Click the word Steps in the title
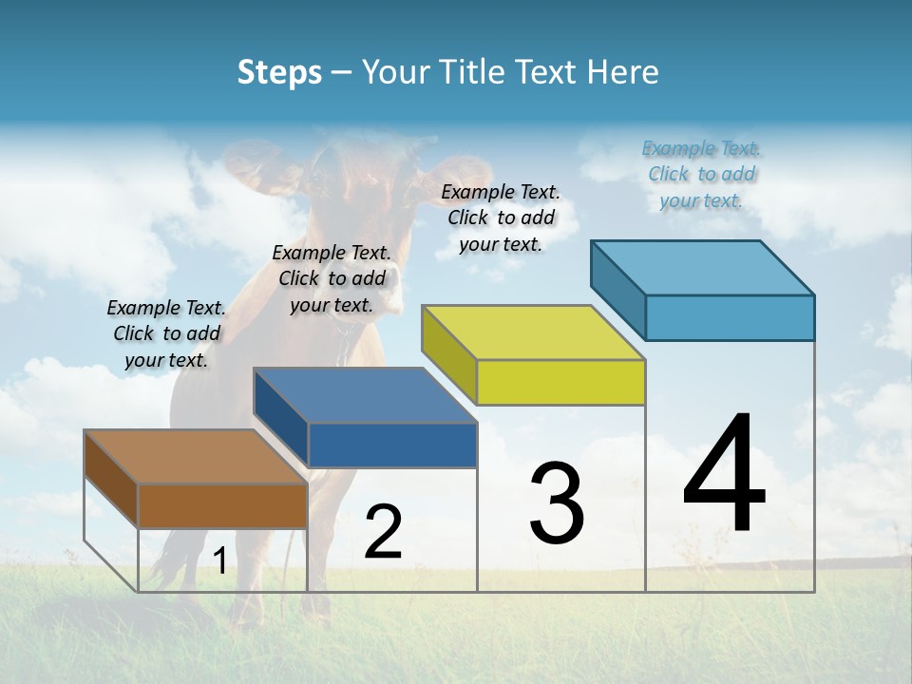[279, 72]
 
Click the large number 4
[725, 475]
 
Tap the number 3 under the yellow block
[557, 504]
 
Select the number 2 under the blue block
[383, 533]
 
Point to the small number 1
[219, 561]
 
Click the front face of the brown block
[222, 505]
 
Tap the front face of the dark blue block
[392, 445]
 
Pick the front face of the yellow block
[560, 382]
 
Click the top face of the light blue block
[702, 267]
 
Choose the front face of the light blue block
[730, 317]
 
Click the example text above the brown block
[166, 333]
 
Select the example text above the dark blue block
[332, 278]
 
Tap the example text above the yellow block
[501, 218]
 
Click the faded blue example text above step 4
[701, 174]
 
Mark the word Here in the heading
[623, 72]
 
